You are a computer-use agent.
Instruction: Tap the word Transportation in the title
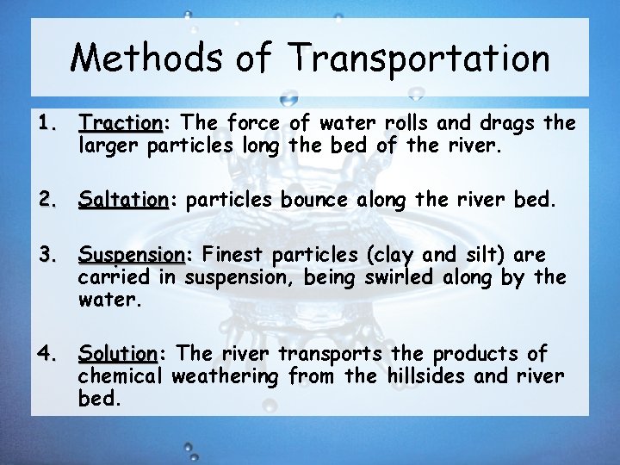(x=419, y=59)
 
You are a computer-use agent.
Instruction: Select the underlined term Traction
(x=120, y=123)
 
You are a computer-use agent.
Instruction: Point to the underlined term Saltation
(x=123, y=201)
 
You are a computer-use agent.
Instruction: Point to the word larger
(x=110, y=146)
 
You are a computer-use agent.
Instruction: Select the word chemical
(x=121, y=376)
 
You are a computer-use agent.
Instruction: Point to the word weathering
(x=226, y=376)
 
